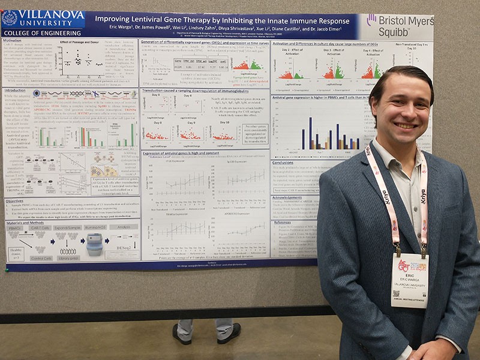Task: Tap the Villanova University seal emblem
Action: (x=10, y=18)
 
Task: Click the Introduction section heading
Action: (x=16, y=90)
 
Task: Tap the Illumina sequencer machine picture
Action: (x=94, y=244)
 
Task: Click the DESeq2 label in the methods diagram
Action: (x=125, y=245)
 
